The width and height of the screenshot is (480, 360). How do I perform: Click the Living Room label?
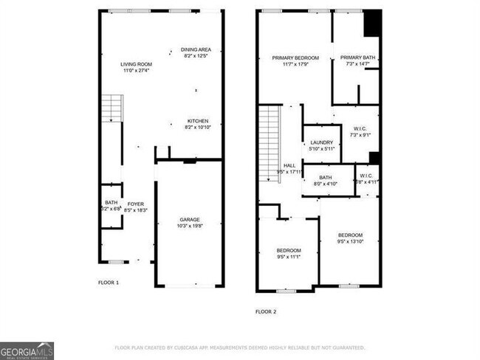(x=137, y=64)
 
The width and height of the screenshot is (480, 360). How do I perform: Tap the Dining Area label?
(x=196, y=49)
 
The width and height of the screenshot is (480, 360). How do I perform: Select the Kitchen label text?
(x=197, y=121)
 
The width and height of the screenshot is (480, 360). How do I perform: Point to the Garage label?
(x=190, y=220)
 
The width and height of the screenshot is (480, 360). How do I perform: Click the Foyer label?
(x=135, y=204)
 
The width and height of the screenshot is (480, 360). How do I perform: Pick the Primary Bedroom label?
(x=295, y=58)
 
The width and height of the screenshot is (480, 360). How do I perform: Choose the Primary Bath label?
(x=357, y=58)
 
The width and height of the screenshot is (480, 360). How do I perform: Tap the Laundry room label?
(x=321, y=142)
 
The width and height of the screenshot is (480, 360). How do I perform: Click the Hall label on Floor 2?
(x=289, y=166)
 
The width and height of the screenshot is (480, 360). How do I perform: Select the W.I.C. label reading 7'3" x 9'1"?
(x=360, y=128)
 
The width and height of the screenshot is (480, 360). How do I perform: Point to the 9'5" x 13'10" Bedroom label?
(x=351, y=235)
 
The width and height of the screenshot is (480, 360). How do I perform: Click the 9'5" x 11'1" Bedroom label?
(x=289, y=250)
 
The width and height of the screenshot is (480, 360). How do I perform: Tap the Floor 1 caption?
(x=109, y=283)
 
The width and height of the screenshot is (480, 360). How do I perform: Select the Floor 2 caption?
(x=266, y=311)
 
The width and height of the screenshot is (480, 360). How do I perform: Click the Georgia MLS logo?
(x=27, y=350)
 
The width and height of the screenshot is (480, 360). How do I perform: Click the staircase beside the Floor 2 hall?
(x=270, y=144)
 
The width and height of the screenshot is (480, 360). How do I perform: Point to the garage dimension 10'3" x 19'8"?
(x=190, y=226)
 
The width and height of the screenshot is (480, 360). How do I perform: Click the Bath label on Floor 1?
(x=111, y=203)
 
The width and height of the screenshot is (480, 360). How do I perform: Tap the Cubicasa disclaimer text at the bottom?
(x=240, y=347)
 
